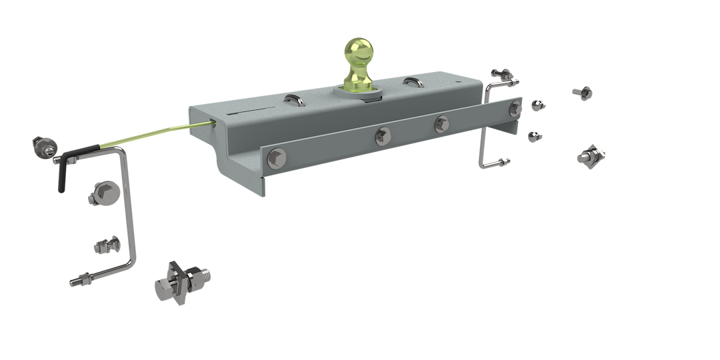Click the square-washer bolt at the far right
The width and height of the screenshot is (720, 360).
coord(593,154)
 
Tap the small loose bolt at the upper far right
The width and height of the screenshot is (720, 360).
coord(583,93)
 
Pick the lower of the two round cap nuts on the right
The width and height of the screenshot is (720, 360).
coord(533,135)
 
